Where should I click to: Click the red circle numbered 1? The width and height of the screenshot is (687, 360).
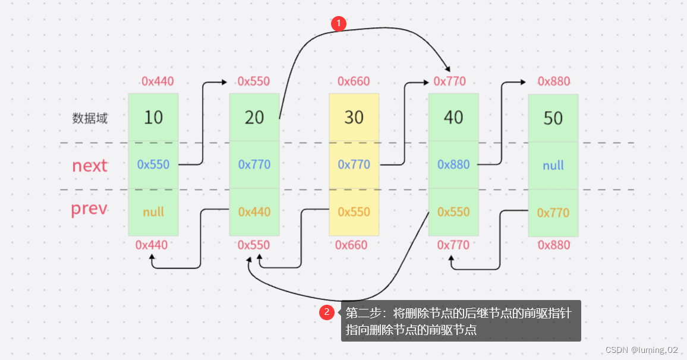pos(339,23)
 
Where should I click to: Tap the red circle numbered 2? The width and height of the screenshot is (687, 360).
pos(326,312)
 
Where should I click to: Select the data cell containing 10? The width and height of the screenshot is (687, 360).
pos(153,118)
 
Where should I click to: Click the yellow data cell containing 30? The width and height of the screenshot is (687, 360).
pos(354,118)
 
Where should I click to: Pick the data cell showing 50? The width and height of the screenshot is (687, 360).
pos(553,118)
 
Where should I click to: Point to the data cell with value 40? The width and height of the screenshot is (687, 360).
pos(453,118)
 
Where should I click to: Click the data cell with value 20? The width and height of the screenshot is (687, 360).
pos(254,118)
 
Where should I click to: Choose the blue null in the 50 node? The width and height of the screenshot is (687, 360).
pos(553,166)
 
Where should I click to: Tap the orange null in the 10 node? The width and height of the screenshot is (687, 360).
pos(153,212)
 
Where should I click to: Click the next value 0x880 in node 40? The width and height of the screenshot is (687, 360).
pos(453,165)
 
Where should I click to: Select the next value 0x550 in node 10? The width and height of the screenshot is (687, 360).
pos(153,165)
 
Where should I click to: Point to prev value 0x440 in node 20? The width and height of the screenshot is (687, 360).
pos(254,212)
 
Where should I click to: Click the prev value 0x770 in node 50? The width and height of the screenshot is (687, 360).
pos(553,213)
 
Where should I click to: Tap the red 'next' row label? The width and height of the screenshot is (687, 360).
pos(90,166)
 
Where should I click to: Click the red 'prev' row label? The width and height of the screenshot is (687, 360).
pos(89,209)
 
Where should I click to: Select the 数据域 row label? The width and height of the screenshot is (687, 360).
pos(90,118)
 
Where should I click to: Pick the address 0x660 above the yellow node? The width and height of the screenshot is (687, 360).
pos(354,81)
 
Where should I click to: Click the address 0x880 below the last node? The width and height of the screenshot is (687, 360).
pos(554,245)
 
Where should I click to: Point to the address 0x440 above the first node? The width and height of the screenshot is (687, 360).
pos(157,81)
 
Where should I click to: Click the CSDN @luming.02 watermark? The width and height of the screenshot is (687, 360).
pos(642,350)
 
